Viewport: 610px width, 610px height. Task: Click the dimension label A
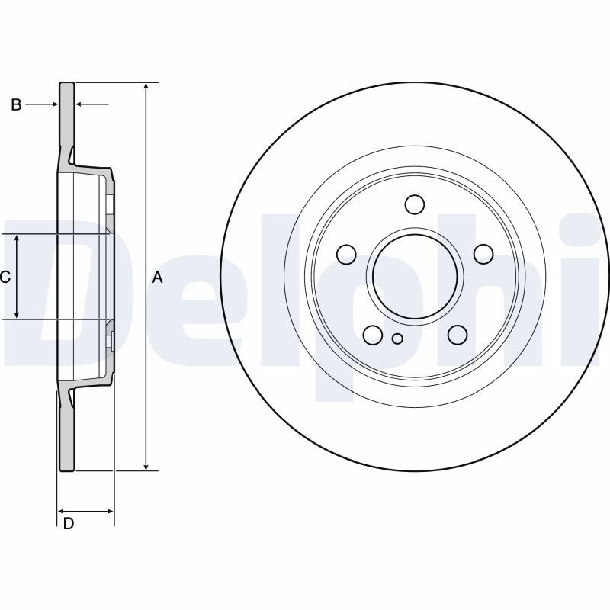pyautogui.click(x=157, y=278)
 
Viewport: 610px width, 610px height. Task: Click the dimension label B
pyautogui.click(x=16, y=104)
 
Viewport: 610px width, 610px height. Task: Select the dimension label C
pyautogui.click(x=5, y=278)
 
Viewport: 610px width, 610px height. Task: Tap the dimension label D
pyautogui.click(x=69, y=524)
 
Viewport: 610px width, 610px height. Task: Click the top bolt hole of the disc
pyautogui.click(x=414, y=204)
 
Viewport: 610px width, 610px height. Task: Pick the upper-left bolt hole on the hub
pyautogui.click(x=346, y=255)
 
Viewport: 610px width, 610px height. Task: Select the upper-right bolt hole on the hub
pyautogui.click(x=483, y=254)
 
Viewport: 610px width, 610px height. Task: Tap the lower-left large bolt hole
pyautogui.click(x=373, y=335)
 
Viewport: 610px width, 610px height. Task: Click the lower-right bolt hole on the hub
pyautogui.click(x=457, y=335)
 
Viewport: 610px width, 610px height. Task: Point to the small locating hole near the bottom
pyautogui.click(x=397, y=339)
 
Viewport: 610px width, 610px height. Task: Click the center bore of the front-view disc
pyautogui.click(x=414, y=276)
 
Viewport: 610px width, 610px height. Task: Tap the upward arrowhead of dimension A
pyautogui.click(x=146, y=87)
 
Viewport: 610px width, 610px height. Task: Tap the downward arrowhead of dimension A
pyautogui.click(x=146, y=466)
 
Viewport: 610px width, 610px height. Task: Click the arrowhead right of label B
pyautogui.click(x=54, y=104)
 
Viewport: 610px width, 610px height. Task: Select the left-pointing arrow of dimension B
pyautogui.click(x=92, y=104)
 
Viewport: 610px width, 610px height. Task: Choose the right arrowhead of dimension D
pyautogui.click(x=109, y=511)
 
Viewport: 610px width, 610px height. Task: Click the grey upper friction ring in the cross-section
pyautogui.click(x=66, y=117)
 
